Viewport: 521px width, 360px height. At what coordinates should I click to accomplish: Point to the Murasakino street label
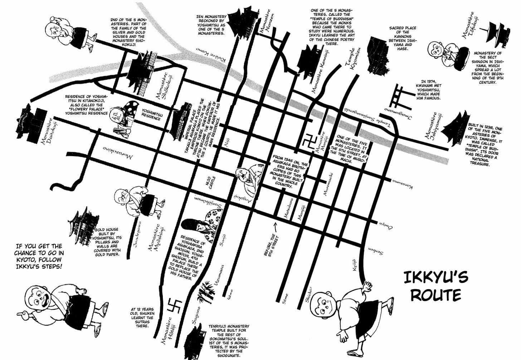118,152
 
